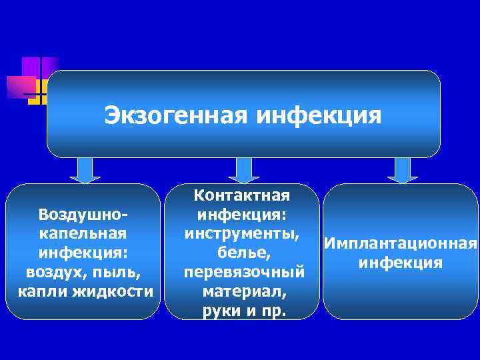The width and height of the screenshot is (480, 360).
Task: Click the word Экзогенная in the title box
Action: [x=175, y=116]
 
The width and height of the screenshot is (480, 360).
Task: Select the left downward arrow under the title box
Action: [x=84, y=170]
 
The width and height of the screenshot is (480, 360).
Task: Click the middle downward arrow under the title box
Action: [x=243, y=170]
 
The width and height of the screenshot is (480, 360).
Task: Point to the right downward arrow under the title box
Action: [x=402, y=170]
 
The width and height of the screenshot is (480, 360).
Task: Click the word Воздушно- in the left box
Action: [x=83, y=215]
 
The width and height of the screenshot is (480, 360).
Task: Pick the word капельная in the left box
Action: [x=83, y=234]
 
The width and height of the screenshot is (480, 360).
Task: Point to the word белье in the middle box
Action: [x=241, y=253]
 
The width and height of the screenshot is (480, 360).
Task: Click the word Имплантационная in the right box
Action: [x=400, y=244]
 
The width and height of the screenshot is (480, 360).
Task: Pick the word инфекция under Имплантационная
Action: [x=400, y=263]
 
